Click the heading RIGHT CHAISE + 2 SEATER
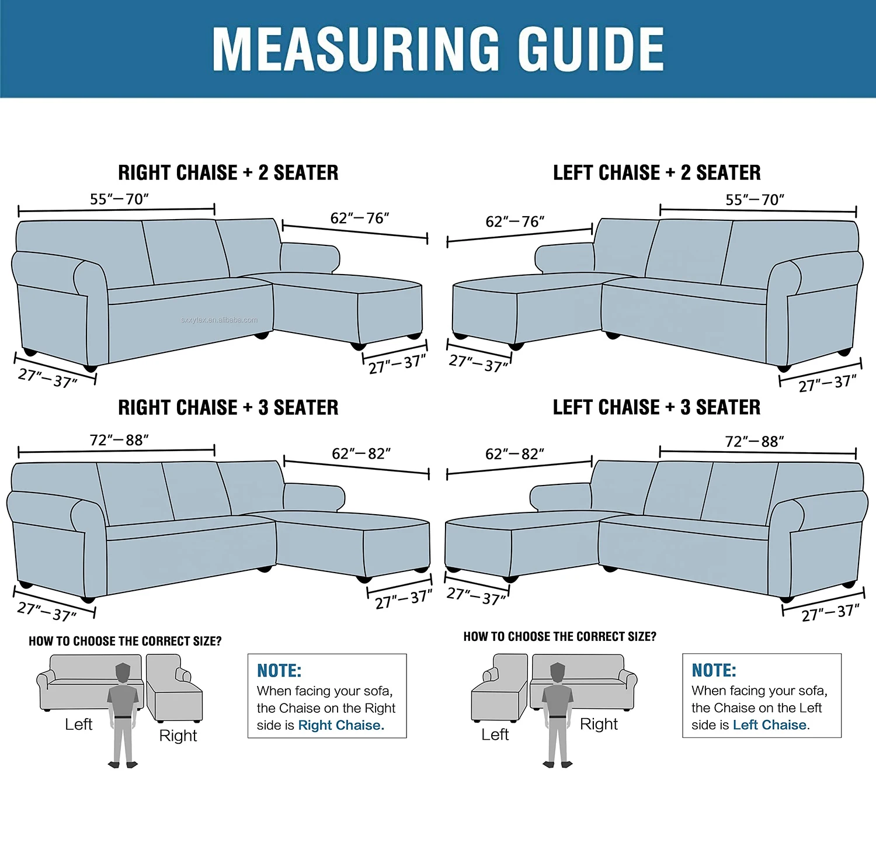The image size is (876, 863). coord(228,173)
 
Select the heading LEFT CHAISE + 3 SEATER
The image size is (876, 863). coord(656,407)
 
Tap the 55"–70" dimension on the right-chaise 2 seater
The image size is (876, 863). coord(119,199)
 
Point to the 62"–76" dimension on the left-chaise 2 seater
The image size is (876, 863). coord(515,222)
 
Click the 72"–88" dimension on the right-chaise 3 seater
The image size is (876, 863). coord(119,440)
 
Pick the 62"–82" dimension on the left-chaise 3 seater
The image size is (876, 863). coord(515,454)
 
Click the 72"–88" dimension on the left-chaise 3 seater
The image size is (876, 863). coord(754,442)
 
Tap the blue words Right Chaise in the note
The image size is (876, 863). coord(340,725)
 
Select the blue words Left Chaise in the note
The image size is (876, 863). coord(770,725)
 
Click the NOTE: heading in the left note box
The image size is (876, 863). coord(279,670)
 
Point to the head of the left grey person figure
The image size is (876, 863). coord(123,672)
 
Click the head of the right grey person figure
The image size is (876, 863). coord(558,672)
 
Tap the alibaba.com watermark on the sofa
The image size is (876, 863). coord(219,320)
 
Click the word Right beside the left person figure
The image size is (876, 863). coord(178,736)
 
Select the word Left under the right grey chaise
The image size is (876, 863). coord(495,734)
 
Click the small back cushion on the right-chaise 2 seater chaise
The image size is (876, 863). coord(310,258)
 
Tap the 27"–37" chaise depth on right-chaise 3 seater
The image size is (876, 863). coord(403,599)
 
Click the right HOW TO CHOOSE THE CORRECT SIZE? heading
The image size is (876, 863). coord(559,636)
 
